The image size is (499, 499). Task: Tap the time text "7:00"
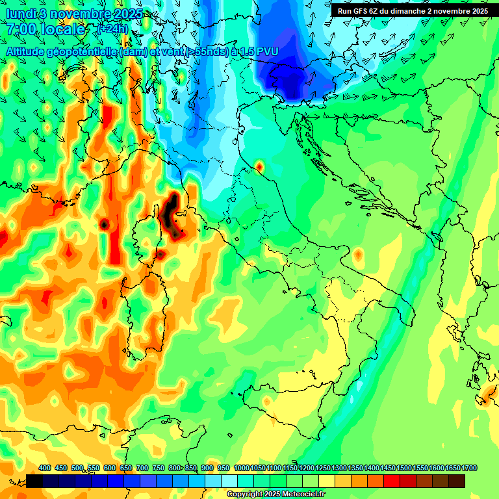tap(19, 29)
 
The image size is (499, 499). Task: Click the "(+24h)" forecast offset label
tap(112, 29)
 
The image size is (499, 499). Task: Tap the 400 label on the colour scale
tap(45, 468)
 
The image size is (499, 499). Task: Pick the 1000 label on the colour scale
tap(241, 468)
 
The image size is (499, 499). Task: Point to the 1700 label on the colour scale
tap(469, 468)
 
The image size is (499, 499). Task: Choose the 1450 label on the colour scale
tap(388, 468)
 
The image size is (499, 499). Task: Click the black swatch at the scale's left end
tap(34, 481)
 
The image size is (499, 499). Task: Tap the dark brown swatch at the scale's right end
tap(457, 481)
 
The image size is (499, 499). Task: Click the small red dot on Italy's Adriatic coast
tap(259, 168)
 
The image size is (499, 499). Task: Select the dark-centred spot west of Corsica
tap(104, 224)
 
